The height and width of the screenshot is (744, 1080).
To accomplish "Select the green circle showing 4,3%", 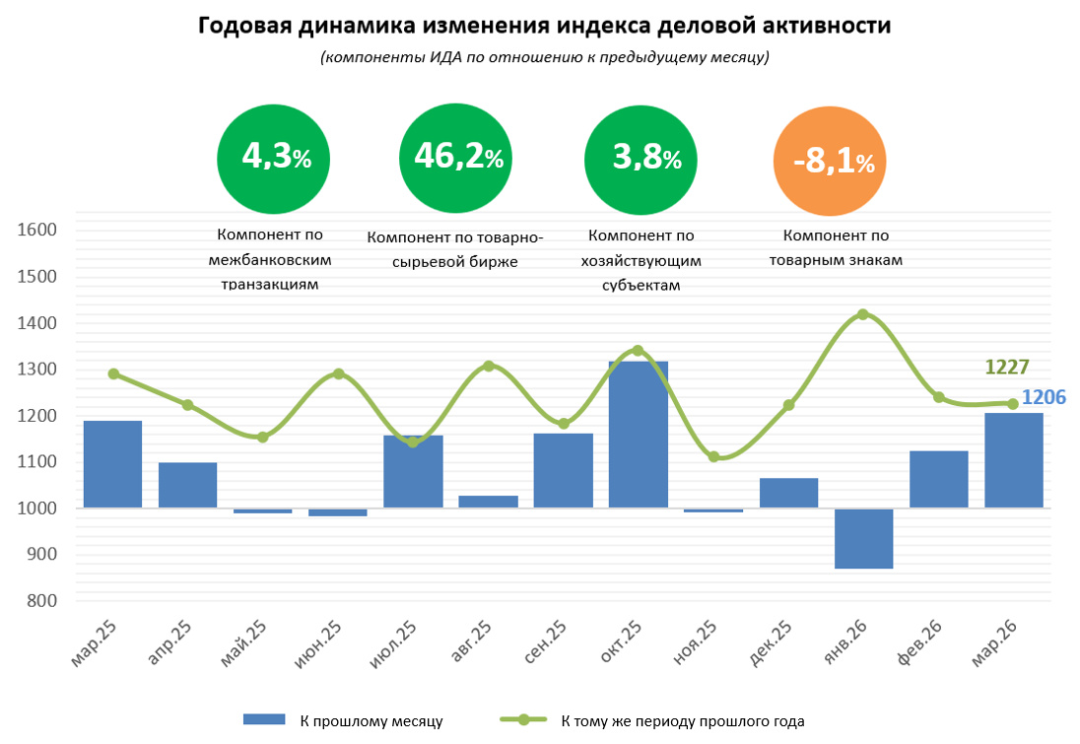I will coord(273,158).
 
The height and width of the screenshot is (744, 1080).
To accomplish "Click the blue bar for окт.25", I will coord(638,435).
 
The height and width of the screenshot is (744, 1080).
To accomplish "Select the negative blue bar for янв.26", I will coord(863,538).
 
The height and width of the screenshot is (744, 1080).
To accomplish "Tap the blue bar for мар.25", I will coord(112,464).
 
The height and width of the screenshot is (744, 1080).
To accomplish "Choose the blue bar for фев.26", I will coord(938,479).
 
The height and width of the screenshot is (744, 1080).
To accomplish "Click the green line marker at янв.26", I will coord(863,314).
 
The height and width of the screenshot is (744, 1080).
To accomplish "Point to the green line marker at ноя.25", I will coord(713,456).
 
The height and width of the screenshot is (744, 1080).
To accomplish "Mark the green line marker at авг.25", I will coord(489,366).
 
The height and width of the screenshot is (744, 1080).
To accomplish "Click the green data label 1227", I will coord(1006,368).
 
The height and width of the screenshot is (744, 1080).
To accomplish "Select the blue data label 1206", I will coord(1043,397).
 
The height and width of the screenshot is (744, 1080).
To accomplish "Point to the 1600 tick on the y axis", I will coord(39,231).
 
